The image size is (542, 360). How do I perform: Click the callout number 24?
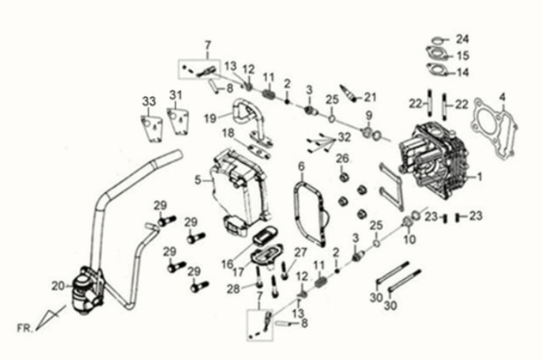coord(462,39)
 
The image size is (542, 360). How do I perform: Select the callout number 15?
coord(462,56)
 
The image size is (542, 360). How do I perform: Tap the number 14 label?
coord(462,71)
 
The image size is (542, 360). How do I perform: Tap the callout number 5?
coord(196,178)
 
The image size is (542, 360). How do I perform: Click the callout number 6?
coord(301,168)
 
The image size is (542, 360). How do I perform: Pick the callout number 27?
coord(301,251)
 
